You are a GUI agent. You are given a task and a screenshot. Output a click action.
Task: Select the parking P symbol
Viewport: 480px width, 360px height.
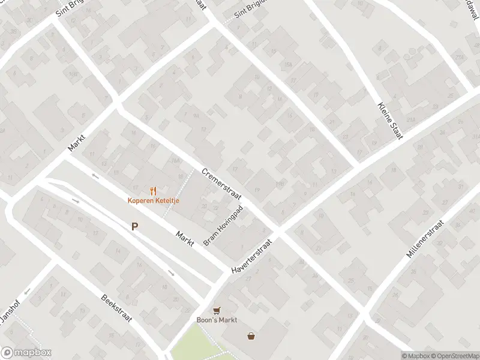(x=135, y=227)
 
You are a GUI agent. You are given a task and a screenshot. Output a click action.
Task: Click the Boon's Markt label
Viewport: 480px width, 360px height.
(x=217, y=320)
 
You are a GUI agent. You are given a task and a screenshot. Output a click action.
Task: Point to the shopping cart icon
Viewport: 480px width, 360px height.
(x=217, y=311)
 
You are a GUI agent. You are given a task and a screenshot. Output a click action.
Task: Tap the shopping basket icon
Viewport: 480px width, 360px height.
(x=251, y=336)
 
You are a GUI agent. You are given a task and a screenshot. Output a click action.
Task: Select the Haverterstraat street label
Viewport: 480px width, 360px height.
(x=252, y=257)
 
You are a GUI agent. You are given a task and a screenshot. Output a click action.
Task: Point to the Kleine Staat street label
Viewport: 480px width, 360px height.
(x=389, y=121)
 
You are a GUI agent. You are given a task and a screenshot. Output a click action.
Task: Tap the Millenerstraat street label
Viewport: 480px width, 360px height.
(x=425, y=239)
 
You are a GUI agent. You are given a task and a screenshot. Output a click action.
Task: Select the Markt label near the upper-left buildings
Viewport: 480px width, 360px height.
(x=77, y=142)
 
